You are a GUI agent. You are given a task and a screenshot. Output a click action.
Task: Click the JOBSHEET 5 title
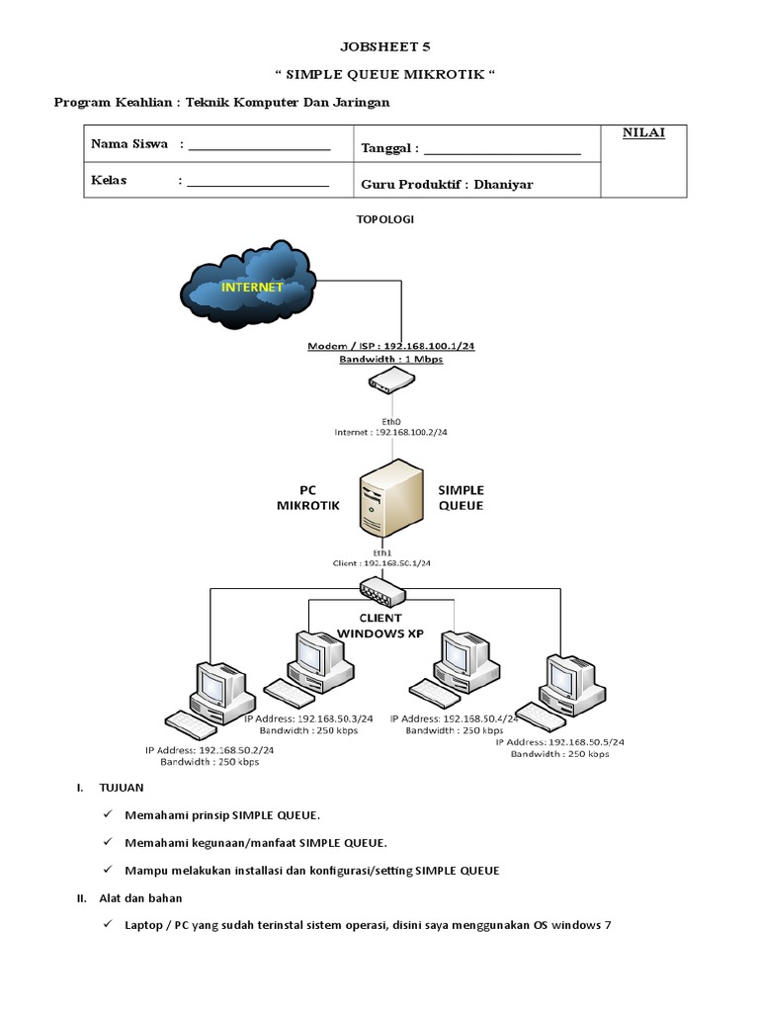(x=384, y=45)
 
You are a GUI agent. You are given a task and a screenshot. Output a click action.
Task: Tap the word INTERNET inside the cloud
(x=251, y=287)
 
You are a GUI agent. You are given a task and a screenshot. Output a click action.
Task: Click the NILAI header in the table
(x=642, y=133)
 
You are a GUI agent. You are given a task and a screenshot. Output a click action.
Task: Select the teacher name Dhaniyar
(x=504, y=184)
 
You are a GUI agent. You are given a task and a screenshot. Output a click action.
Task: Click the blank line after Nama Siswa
(x=258, y=147)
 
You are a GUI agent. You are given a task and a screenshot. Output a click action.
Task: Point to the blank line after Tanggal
(x=501, y=151)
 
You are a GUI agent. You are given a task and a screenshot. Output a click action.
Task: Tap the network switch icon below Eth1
(x=382, y=592)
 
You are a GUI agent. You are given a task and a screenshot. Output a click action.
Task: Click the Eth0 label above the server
(x=390, y=419)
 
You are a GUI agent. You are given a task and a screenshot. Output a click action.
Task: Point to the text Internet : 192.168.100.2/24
(x=389, y=433)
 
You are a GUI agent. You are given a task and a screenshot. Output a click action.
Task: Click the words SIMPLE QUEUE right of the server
(x=461, y=497)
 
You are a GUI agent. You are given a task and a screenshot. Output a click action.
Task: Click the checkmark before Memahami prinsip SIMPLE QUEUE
(x=107, y=814)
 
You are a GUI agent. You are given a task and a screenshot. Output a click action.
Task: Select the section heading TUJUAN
(x=122, y=788)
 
